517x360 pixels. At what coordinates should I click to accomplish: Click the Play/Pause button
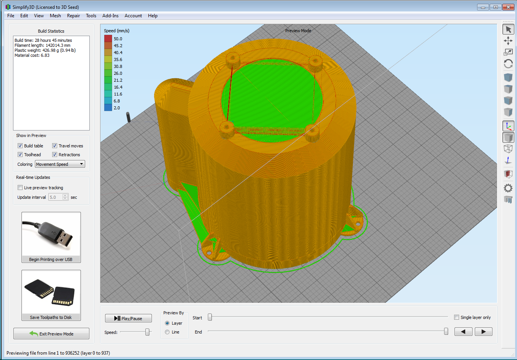pos(128,318)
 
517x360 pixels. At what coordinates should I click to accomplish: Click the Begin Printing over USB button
pos(51,237)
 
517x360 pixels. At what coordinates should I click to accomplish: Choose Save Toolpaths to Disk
pos(51,295)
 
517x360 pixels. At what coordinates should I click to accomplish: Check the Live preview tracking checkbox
pos(20,188)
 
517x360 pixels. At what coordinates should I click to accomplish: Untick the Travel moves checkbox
pos(54,146)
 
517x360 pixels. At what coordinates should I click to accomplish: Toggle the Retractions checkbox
pos(54,155)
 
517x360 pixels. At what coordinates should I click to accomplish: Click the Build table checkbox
pos(20,146)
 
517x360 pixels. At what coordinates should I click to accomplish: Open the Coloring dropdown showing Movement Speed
pos(60,164)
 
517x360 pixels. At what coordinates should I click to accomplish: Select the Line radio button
pos(167,332)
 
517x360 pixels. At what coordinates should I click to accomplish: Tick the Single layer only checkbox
pos(456,317)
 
